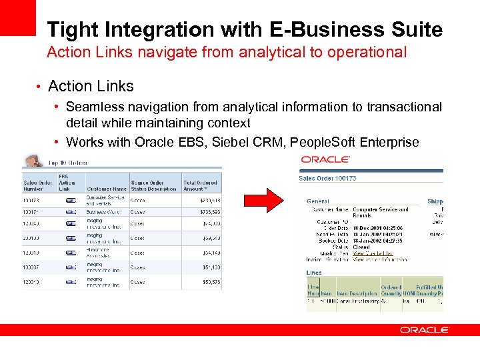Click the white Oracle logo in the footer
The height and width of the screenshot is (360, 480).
tap(425, 330)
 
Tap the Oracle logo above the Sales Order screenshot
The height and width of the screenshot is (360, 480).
tap(325, 159)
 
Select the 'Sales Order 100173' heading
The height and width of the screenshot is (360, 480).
tap(328, 179)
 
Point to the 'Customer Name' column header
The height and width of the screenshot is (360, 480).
tap(107, 189)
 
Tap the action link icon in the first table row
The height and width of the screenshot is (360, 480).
tap(70, 199)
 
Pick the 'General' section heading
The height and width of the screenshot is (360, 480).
tap(318, 201)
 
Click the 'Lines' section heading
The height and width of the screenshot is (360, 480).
tap(314, 273)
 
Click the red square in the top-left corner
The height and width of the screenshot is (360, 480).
tap(18, 17)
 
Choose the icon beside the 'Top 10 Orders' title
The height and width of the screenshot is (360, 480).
tap(32, 161)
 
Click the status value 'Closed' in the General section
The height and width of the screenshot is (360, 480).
tap(361, 247)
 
